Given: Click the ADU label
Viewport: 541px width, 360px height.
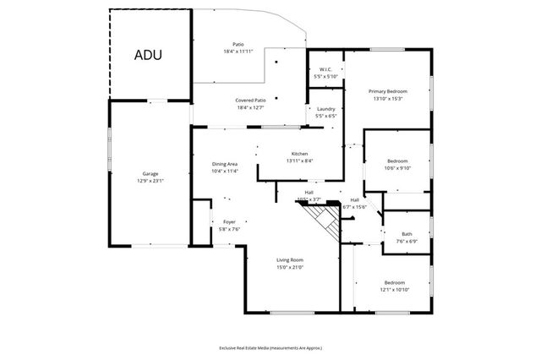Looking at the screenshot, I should point(148,55).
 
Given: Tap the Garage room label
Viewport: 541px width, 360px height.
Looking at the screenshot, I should point(150,174).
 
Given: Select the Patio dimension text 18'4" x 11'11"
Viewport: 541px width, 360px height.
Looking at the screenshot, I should point(238,52).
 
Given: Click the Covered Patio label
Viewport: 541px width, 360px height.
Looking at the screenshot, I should point(251,100).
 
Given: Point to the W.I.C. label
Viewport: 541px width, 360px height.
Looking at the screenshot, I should point(325,70).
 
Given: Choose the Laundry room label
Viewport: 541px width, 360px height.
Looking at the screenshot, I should point(325,109).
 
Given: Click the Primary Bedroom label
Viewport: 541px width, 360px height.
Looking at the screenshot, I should point(387,90).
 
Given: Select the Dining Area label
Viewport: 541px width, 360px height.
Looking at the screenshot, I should point(224,164).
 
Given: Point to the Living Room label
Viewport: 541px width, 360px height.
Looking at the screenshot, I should point(290,260).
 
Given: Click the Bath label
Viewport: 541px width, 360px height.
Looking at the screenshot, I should point(407,234).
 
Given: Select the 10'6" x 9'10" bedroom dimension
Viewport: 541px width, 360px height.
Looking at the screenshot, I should point(397,167).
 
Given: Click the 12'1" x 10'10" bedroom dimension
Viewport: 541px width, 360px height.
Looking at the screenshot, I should point(395,290).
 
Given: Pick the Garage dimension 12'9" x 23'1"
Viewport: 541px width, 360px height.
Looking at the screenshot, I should point(150,181).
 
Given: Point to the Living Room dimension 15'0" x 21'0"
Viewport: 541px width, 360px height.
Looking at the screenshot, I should point(290,267).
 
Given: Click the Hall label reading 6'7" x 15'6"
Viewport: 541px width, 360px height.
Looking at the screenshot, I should point(354,207).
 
